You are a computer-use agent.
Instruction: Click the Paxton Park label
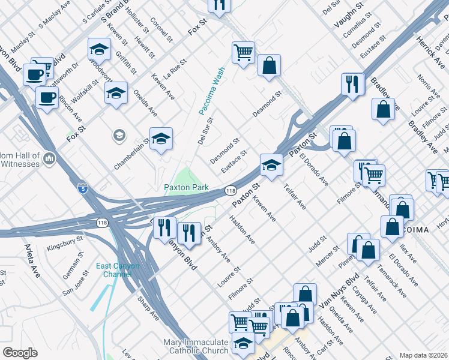tap(187, 187)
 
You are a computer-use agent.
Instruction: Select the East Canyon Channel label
tap(118, 270)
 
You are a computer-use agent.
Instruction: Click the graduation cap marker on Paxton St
tap(271, 166)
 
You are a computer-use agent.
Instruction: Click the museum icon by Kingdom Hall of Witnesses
tap(49, 158)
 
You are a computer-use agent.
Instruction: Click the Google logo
tap(20, 353)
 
